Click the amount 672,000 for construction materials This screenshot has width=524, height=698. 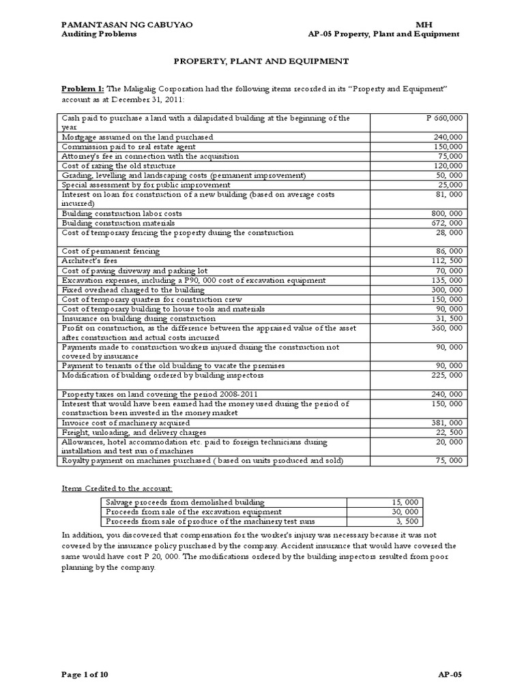(448, 223)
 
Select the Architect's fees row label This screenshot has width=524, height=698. (85, 261)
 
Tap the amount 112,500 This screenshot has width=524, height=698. (448, 261)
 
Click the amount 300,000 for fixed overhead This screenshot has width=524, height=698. (448, 290)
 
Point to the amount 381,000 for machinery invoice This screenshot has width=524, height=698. (448, 423)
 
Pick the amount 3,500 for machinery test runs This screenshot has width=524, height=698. (407, 521)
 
